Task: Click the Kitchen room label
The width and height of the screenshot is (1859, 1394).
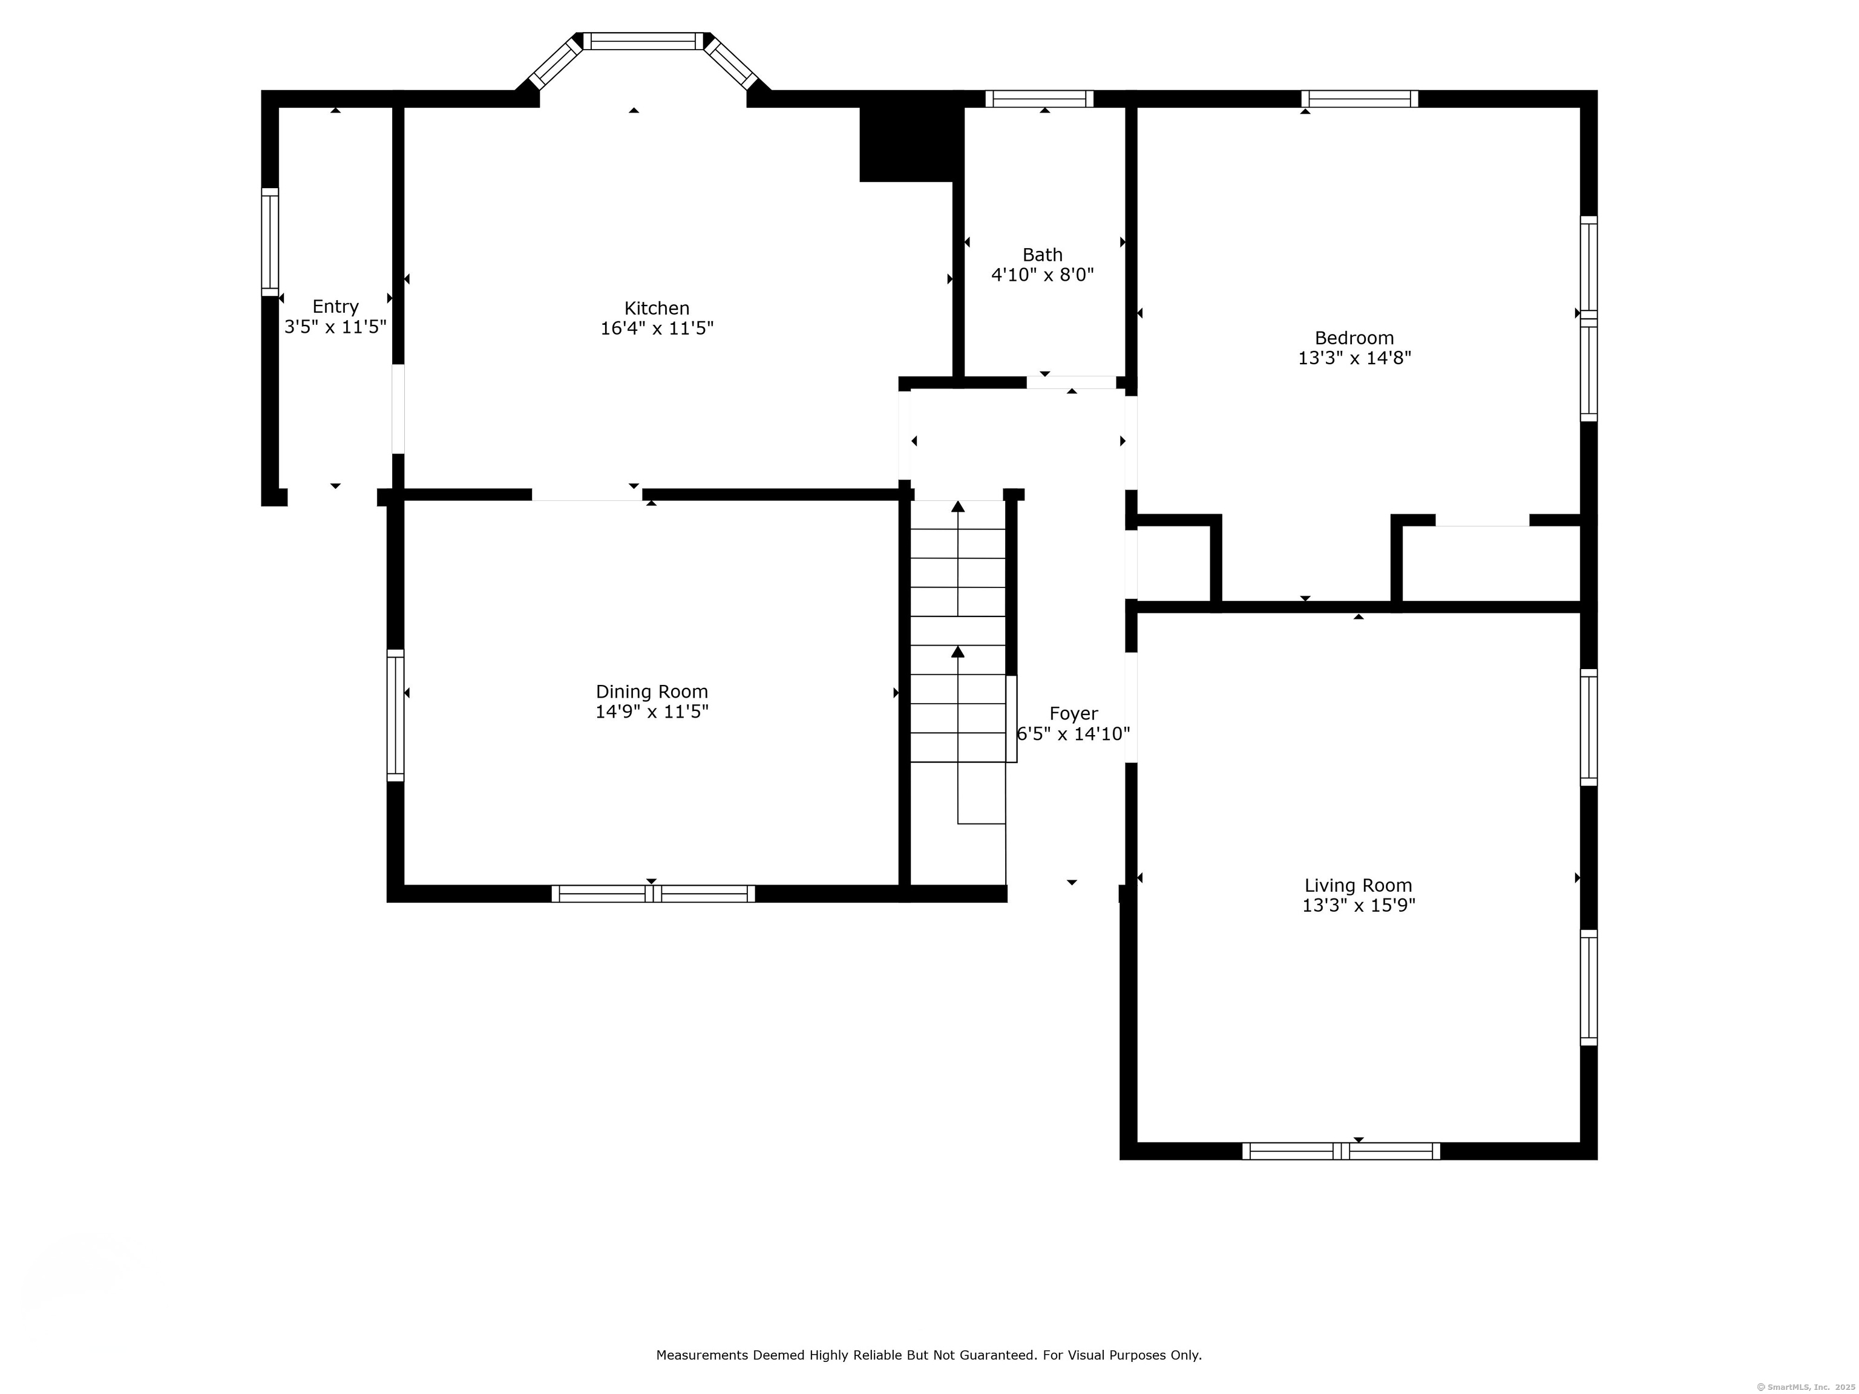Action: tap(657, 309)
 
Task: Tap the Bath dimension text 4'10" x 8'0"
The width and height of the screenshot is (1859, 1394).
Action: tap(1042, 275)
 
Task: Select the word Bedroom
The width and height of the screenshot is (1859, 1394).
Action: tap(1354, 338)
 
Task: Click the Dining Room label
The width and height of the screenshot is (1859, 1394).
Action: tap(652, 692)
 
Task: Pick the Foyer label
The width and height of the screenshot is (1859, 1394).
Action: tap(1073, 714)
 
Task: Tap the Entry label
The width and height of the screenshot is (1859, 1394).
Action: tap(335, 307)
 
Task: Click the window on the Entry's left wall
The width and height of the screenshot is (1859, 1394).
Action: tap(270, 242)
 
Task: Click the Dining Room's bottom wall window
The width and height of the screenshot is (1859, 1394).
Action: tap(653, 894)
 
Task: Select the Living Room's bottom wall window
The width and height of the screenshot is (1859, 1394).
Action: tap(1342, 1151)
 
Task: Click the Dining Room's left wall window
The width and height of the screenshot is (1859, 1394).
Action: tap(395, 715)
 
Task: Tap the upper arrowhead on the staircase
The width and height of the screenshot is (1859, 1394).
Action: tap(958, 506)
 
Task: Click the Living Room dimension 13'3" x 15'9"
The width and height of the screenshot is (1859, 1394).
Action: tap(1359, 906)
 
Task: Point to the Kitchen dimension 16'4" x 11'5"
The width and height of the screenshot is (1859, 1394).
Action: tap(657, 329)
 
